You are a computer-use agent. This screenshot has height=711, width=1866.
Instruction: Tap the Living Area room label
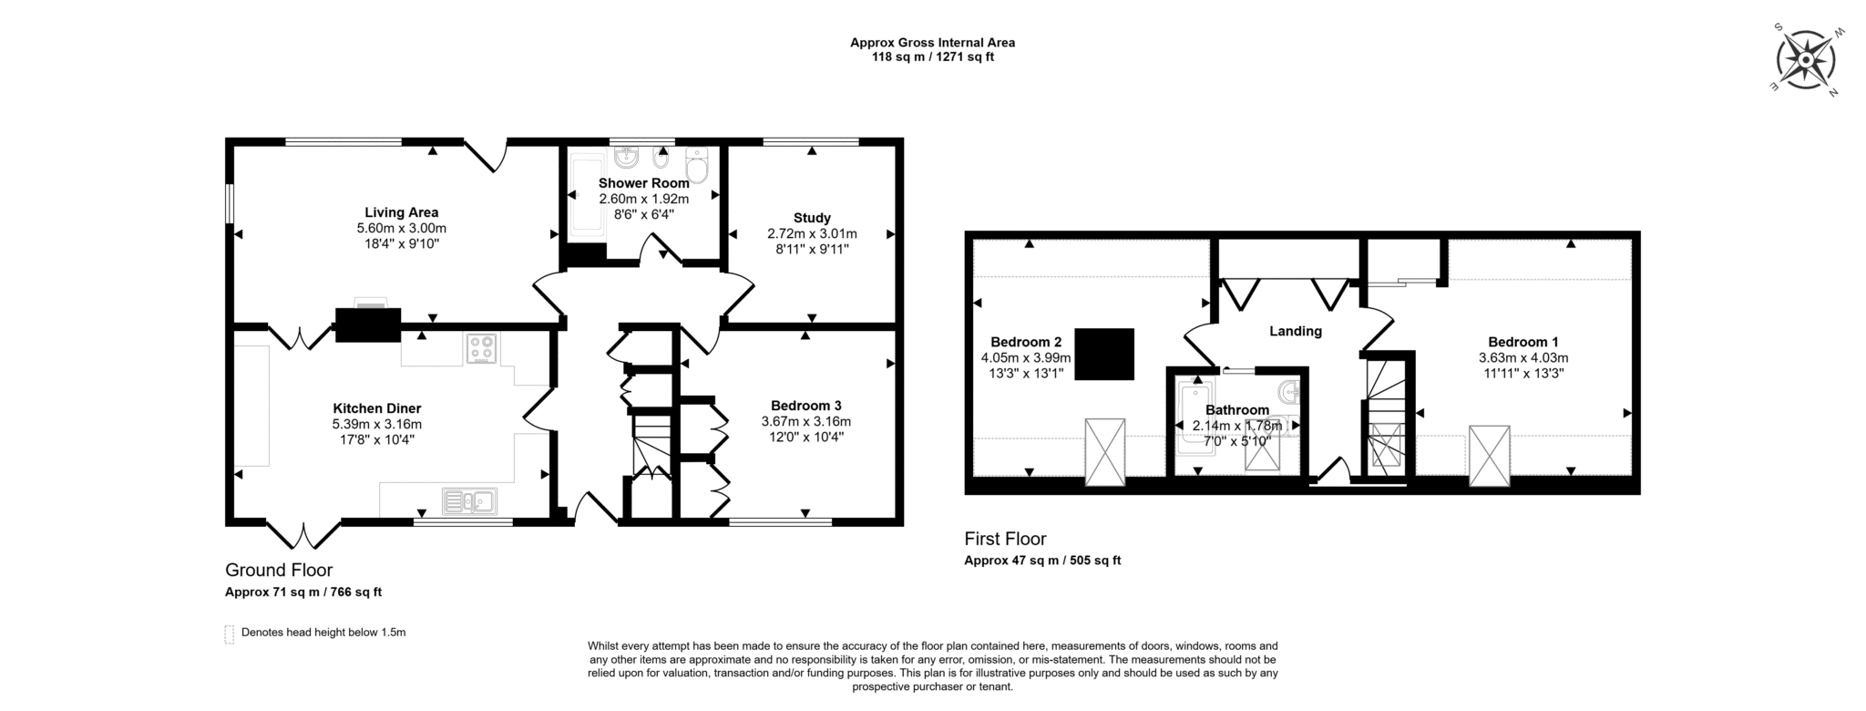[402, 212]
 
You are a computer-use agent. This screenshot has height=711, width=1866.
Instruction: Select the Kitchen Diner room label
[377, 408]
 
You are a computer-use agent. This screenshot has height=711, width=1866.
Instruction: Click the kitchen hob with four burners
[482, 348]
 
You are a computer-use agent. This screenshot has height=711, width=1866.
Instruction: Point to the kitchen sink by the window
[469, 500]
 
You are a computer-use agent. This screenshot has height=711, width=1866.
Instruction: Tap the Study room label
[812, 218]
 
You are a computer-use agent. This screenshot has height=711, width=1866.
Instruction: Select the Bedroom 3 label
[806, 406]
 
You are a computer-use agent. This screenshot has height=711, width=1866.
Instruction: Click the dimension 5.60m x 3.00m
[402, 228]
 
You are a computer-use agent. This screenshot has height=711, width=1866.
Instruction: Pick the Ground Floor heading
[279, 571]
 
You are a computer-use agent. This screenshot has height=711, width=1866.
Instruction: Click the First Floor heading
[1006, 539]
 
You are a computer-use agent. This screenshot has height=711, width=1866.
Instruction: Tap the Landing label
[1296, 331]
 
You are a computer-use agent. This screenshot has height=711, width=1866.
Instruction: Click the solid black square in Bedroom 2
[1104, 354]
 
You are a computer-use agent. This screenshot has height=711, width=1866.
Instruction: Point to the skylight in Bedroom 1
[1490, 455]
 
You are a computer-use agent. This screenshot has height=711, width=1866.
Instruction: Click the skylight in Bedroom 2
[1104, 452]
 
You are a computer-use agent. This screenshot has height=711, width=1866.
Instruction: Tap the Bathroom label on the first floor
[1237, 410]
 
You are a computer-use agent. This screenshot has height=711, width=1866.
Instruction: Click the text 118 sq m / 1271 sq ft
[933, 57]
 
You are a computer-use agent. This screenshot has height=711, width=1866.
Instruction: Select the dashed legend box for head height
[230, 634]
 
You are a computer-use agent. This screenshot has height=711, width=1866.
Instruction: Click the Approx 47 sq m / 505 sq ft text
[1042, 561]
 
